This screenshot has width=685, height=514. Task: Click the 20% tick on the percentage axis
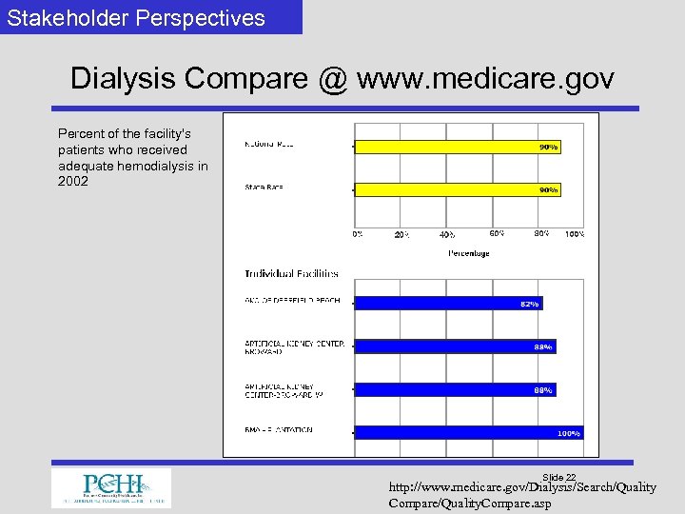401,234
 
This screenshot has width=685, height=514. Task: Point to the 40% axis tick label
446,234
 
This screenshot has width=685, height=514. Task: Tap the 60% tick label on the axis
497,233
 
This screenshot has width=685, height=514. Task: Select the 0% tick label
357,233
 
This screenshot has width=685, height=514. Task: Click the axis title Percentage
469,253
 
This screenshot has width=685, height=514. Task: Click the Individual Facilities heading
291,274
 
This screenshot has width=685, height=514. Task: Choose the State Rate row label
264,188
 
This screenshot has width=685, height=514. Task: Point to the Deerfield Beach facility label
292,302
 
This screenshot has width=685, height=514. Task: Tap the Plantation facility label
279,430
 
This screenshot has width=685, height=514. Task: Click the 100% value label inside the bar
568,433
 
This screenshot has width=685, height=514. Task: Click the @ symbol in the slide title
333,78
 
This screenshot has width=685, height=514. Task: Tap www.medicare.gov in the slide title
485,78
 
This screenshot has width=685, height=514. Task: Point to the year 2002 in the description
73,181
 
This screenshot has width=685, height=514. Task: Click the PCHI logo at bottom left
111,487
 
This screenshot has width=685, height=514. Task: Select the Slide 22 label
558,477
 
